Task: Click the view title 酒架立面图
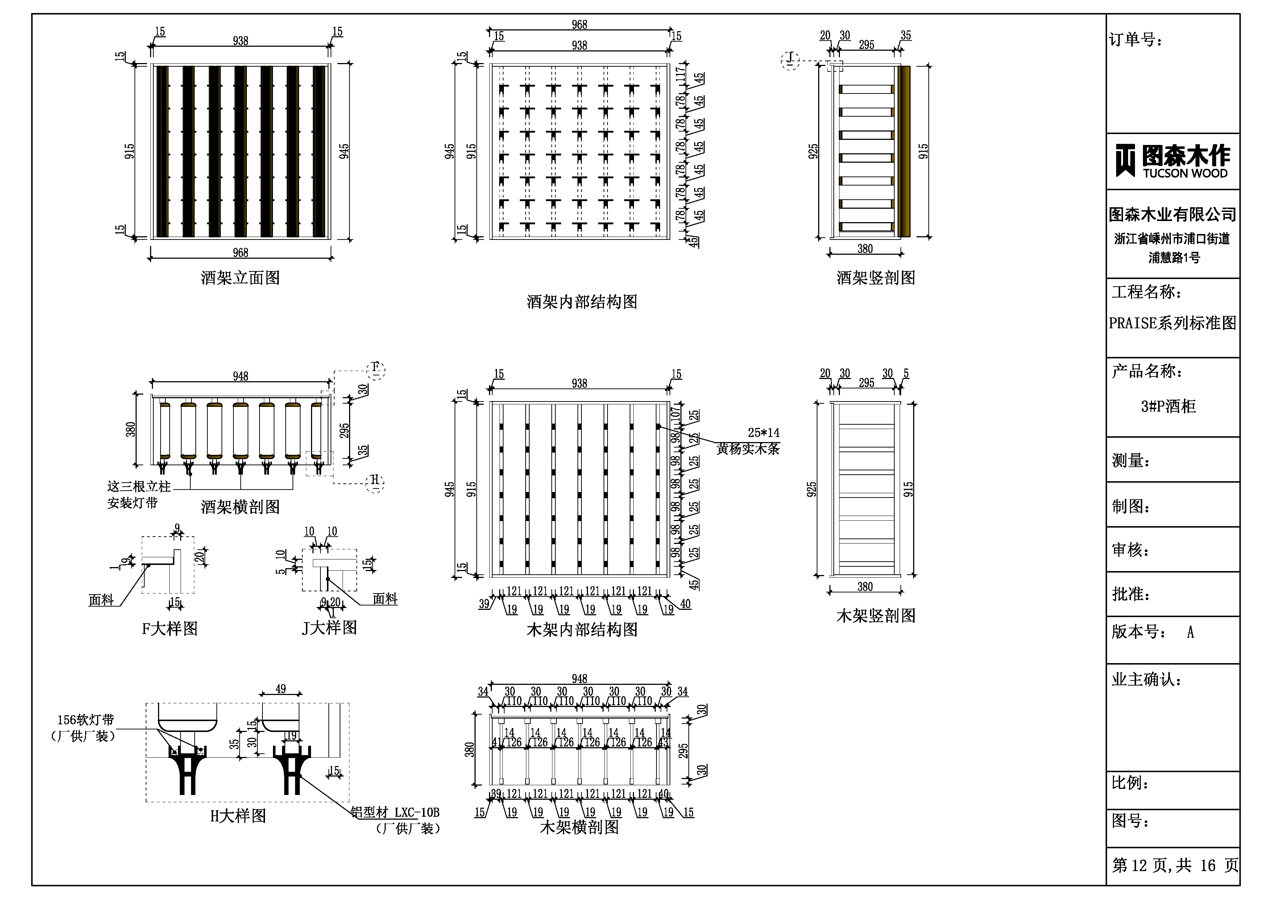coord(240,278)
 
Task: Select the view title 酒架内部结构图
coord(582,302)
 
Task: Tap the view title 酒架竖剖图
coord(875,278)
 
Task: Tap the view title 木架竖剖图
coord(875,615)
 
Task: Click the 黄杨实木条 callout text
coord(748,449)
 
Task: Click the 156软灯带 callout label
coord(86,720)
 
